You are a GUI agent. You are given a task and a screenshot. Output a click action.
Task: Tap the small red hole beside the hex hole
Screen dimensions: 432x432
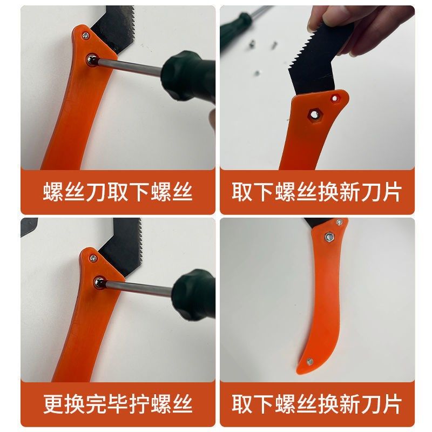[x=336, y=97]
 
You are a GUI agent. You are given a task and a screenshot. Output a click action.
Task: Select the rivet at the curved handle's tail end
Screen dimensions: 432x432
[x=309, y=362]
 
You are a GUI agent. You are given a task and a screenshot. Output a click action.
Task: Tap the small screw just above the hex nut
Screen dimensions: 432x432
[x=339, y=222]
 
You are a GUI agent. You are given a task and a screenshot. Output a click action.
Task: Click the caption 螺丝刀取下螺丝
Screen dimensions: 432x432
[x=118, y=192]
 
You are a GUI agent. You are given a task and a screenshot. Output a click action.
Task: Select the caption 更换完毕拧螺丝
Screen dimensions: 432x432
[x=118, y=403]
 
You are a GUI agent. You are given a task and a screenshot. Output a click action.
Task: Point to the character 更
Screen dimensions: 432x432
[x=53, y=403]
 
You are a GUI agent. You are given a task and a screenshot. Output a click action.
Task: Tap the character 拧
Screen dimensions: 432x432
[x=140, y=403]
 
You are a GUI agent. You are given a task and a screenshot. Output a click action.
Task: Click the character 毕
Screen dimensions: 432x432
[x=118, y=403]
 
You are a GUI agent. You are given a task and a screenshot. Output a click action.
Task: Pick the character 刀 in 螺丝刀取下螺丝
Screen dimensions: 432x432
[x=97, y=192]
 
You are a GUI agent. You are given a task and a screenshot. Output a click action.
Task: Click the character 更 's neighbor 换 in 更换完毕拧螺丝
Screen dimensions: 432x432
[x=75, y=403]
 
